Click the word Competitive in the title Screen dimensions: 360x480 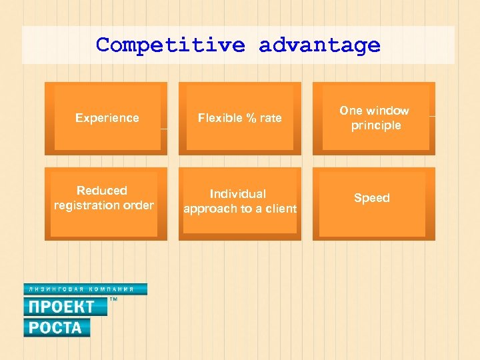[169, 45]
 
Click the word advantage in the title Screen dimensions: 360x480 [319, 45]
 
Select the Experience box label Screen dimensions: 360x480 [107, 118]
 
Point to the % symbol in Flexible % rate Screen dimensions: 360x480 [252, 118]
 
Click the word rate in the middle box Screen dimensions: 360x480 [271, 118]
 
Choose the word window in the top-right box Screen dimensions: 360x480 [387, 111]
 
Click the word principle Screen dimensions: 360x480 [377, 125]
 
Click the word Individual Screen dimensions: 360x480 [238, 194]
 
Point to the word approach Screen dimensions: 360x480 [209, 209]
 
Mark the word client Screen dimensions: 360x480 [280, 209]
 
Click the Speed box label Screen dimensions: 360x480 [372, 198]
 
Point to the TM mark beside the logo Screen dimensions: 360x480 [113, 301]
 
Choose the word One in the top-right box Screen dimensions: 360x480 [351, 111]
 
